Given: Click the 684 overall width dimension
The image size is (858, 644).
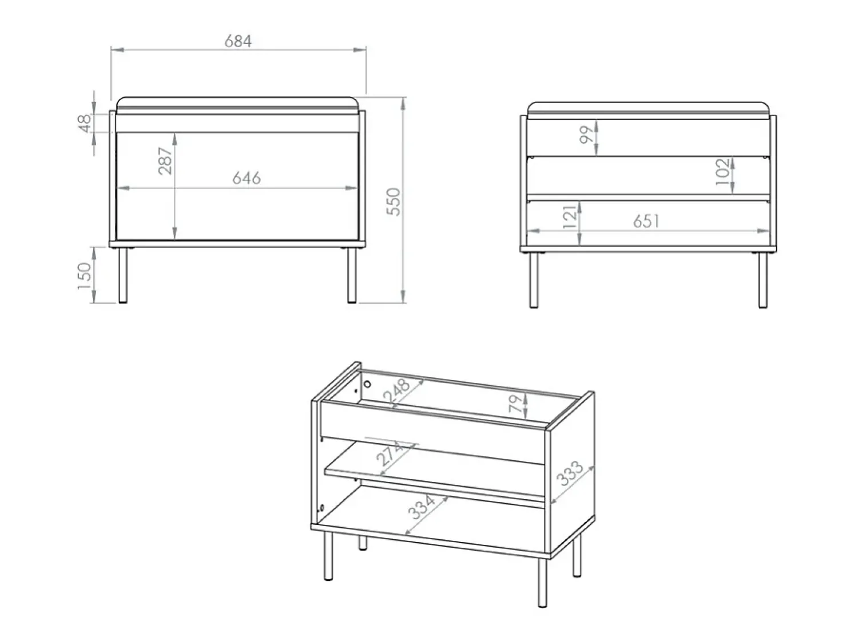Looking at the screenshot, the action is point(238,41).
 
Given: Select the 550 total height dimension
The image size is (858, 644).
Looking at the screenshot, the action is point(394,202).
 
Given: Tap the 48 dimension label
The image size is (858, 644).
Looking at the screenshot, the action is point(85,123).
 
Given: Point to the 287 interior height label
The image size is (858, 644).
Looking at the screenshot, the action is point(165,161).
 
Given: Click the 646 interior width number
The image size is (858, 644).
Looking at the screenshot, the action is point(247,178).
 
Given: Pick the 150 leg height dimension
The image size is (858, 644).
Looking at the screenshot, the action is point(85,276).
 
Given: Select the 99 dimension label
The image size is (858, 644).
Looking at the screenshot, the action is point(586,135).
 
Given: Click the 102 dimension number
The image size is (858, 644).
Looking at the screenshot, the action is point(722,172).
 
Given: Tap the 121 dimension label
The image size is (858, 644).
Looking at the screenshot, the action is point(569,216).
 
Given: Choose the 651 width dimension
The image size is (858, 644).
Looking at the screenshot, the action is point(646,222).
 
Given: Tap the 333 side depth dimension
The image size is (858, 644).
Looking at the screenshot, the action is point(570,473).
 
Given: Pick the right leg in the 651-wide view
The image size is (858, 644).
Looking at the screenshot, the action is point(762,280).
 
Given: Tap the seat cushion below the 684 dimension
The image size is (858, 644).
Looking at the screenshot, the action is point(237,105).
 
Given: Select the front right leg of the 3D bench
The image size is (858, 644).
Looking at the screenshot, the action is point(542,583).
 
